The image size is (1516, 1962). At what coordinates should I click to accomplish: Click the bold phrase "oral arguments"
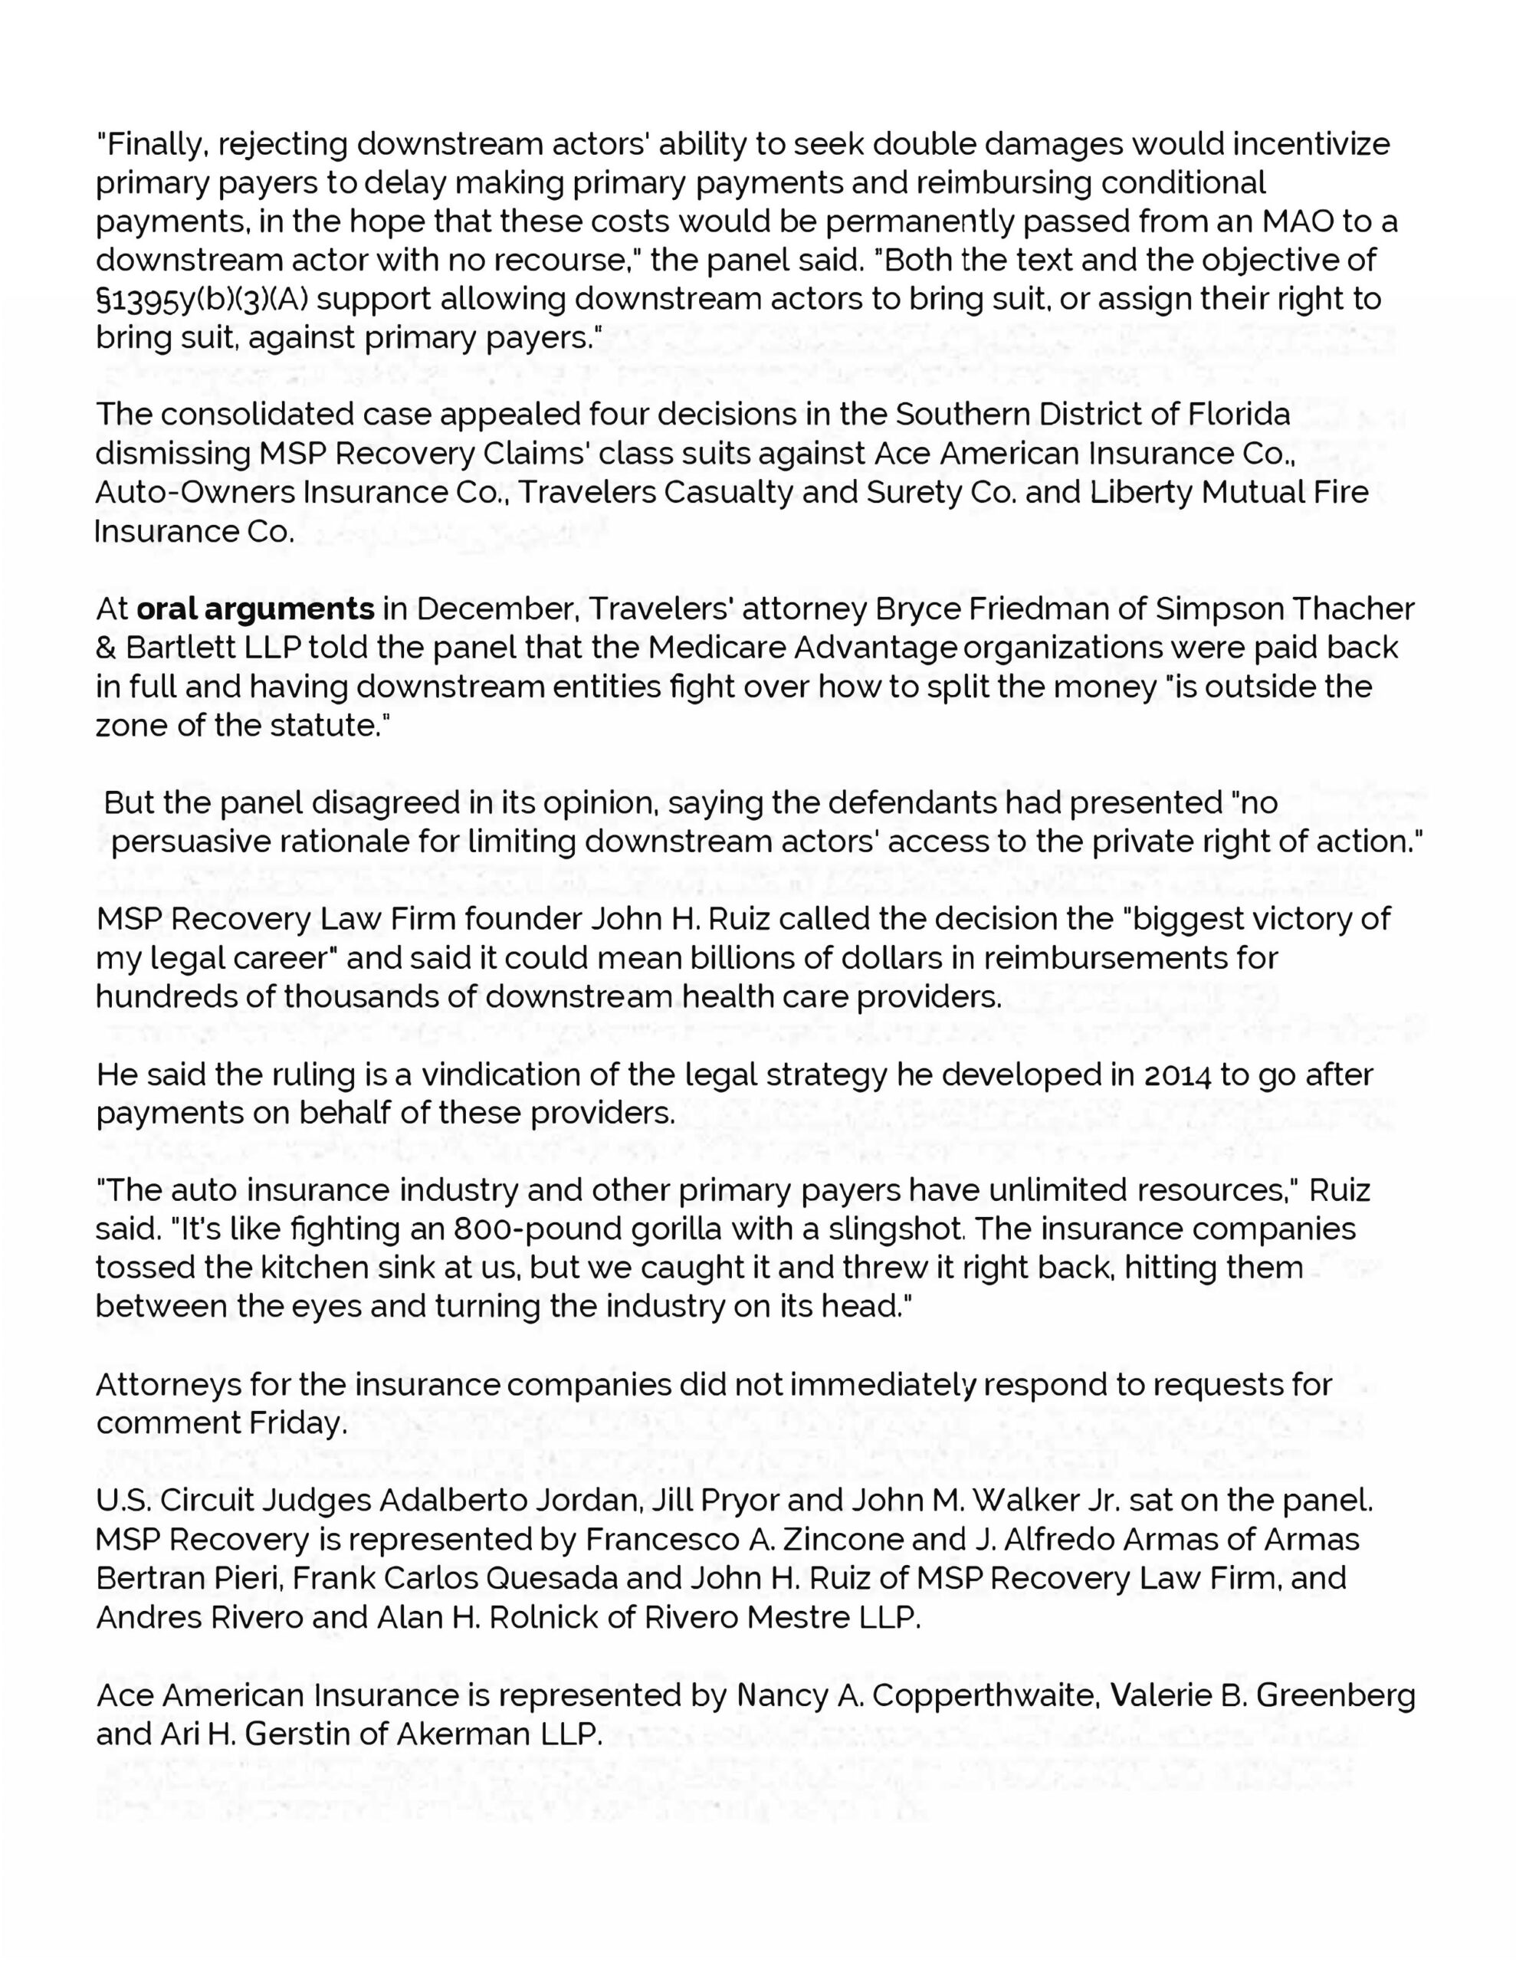coord(255,609)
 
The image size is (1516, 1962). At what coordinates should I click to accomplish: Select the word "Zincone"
coord(843,1539)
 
